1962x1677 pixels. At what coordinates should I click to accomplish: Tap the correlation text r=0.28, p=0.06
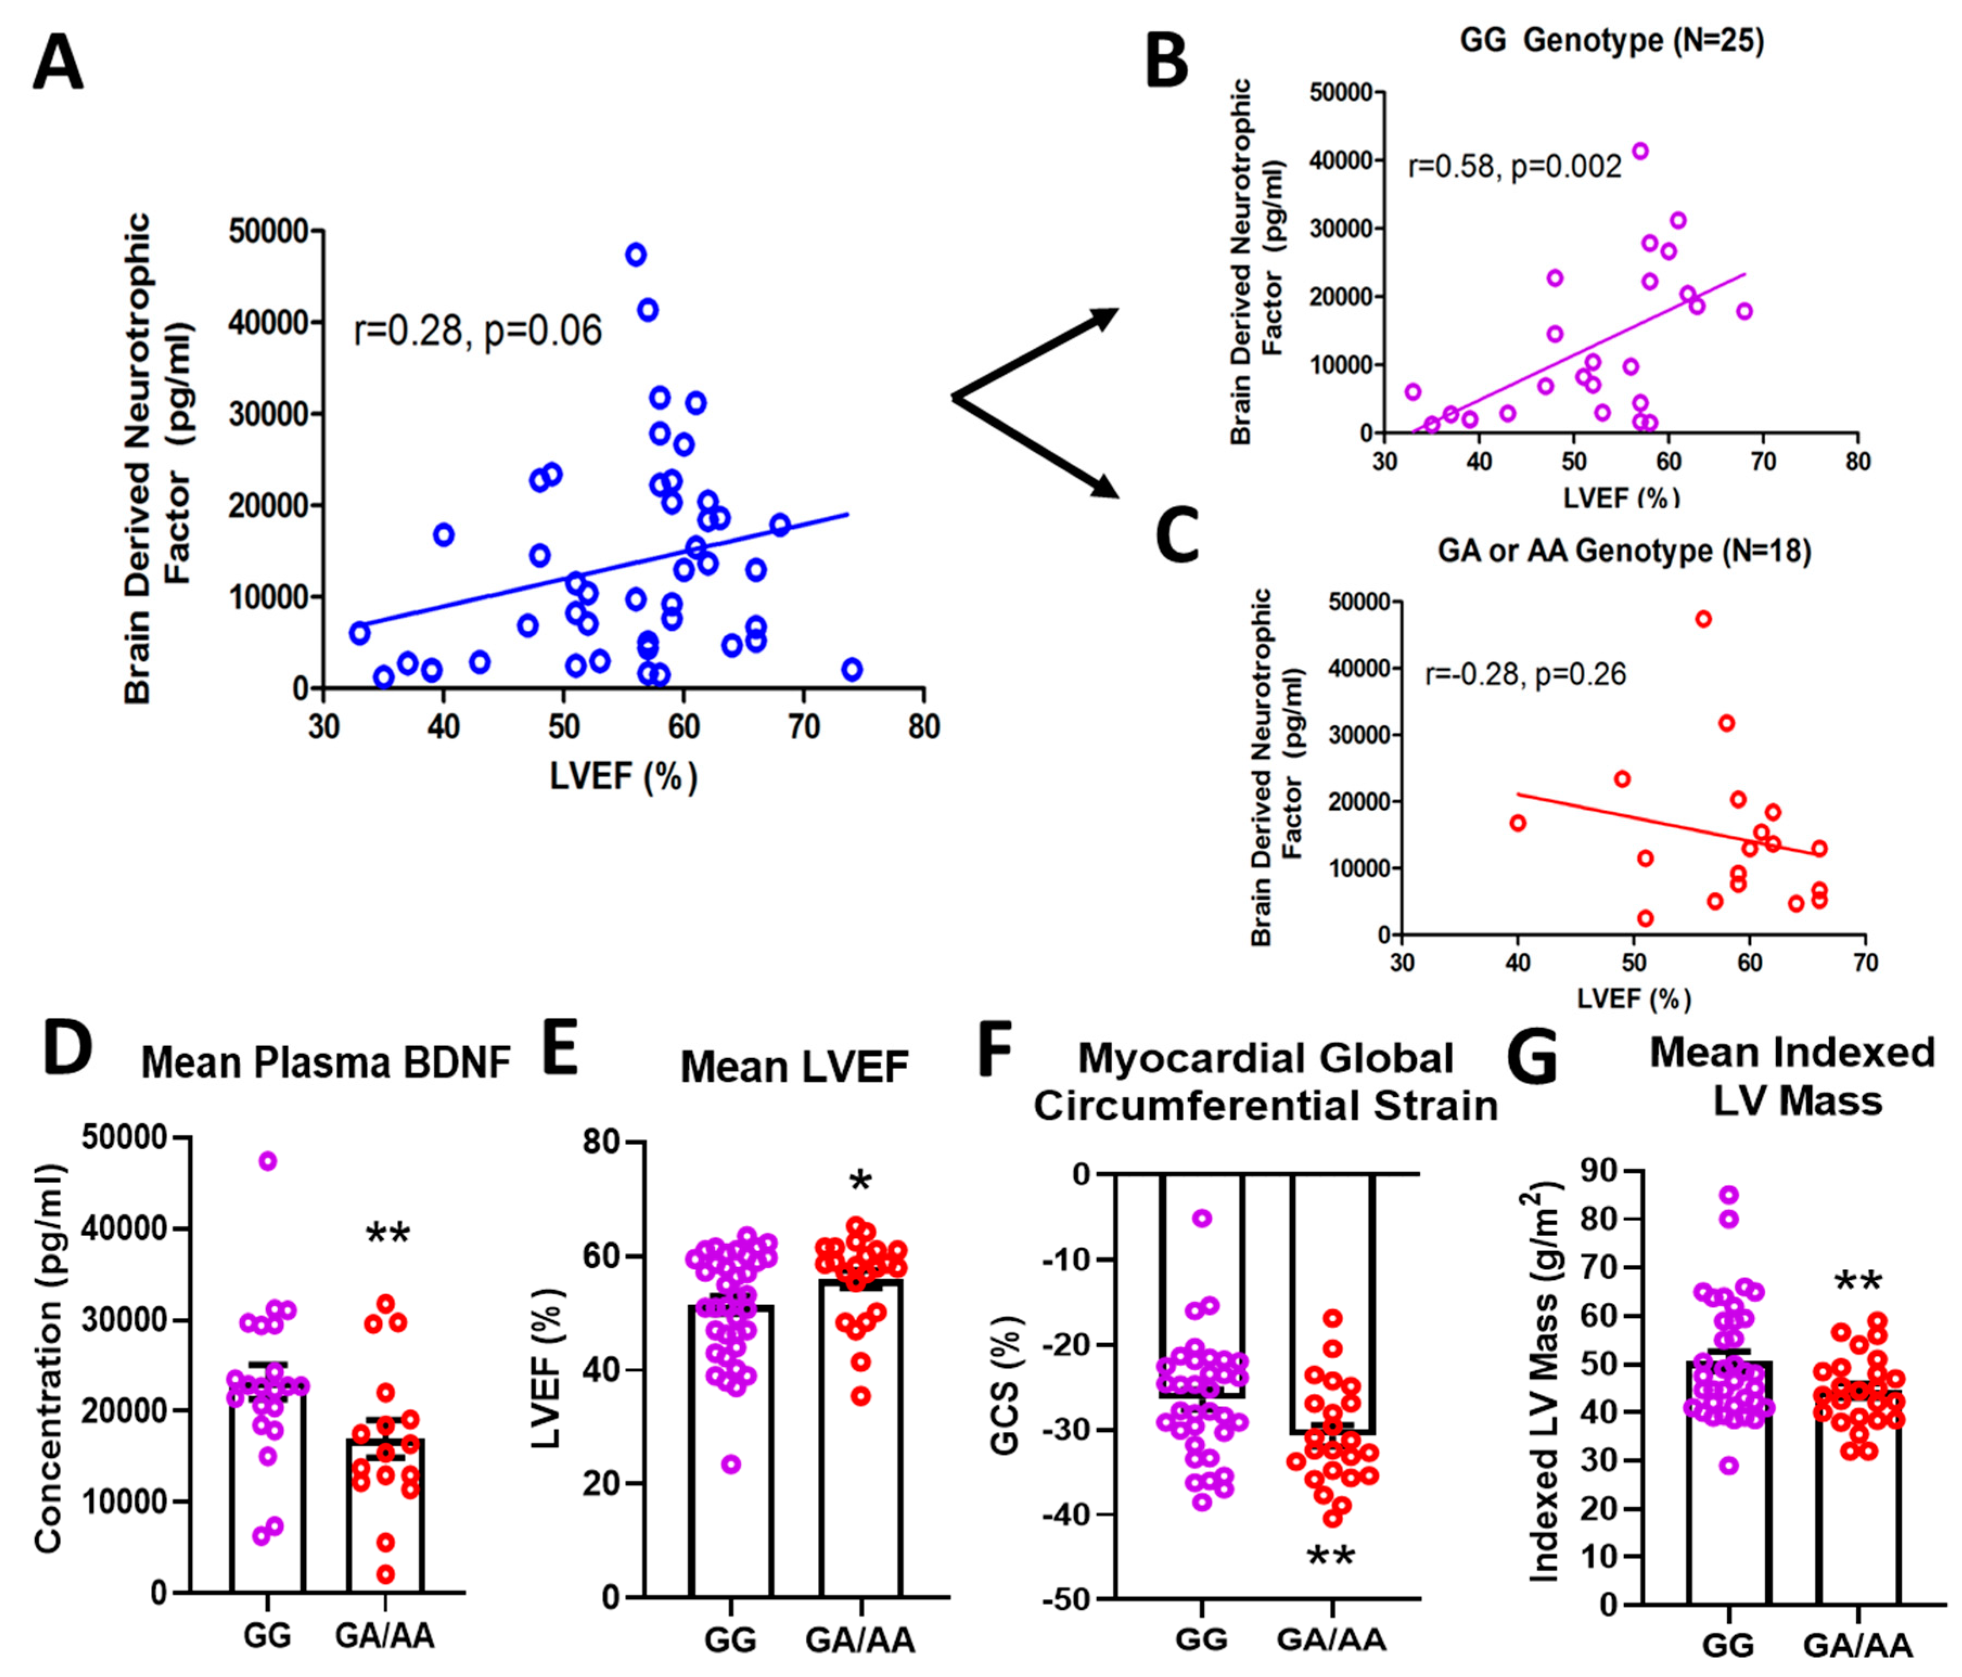[477, 331]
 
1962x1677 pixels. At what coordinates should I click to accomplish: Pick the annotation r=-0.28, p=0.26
[1525, 674]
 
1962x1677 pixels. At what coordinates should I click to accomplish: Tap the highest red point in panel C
[1703, 619]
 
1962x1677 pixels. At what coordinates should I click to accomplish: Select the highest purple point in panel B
[1640, 151]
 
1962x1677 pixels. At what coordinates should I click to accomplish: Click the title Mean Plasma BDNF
[326, 1064]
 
